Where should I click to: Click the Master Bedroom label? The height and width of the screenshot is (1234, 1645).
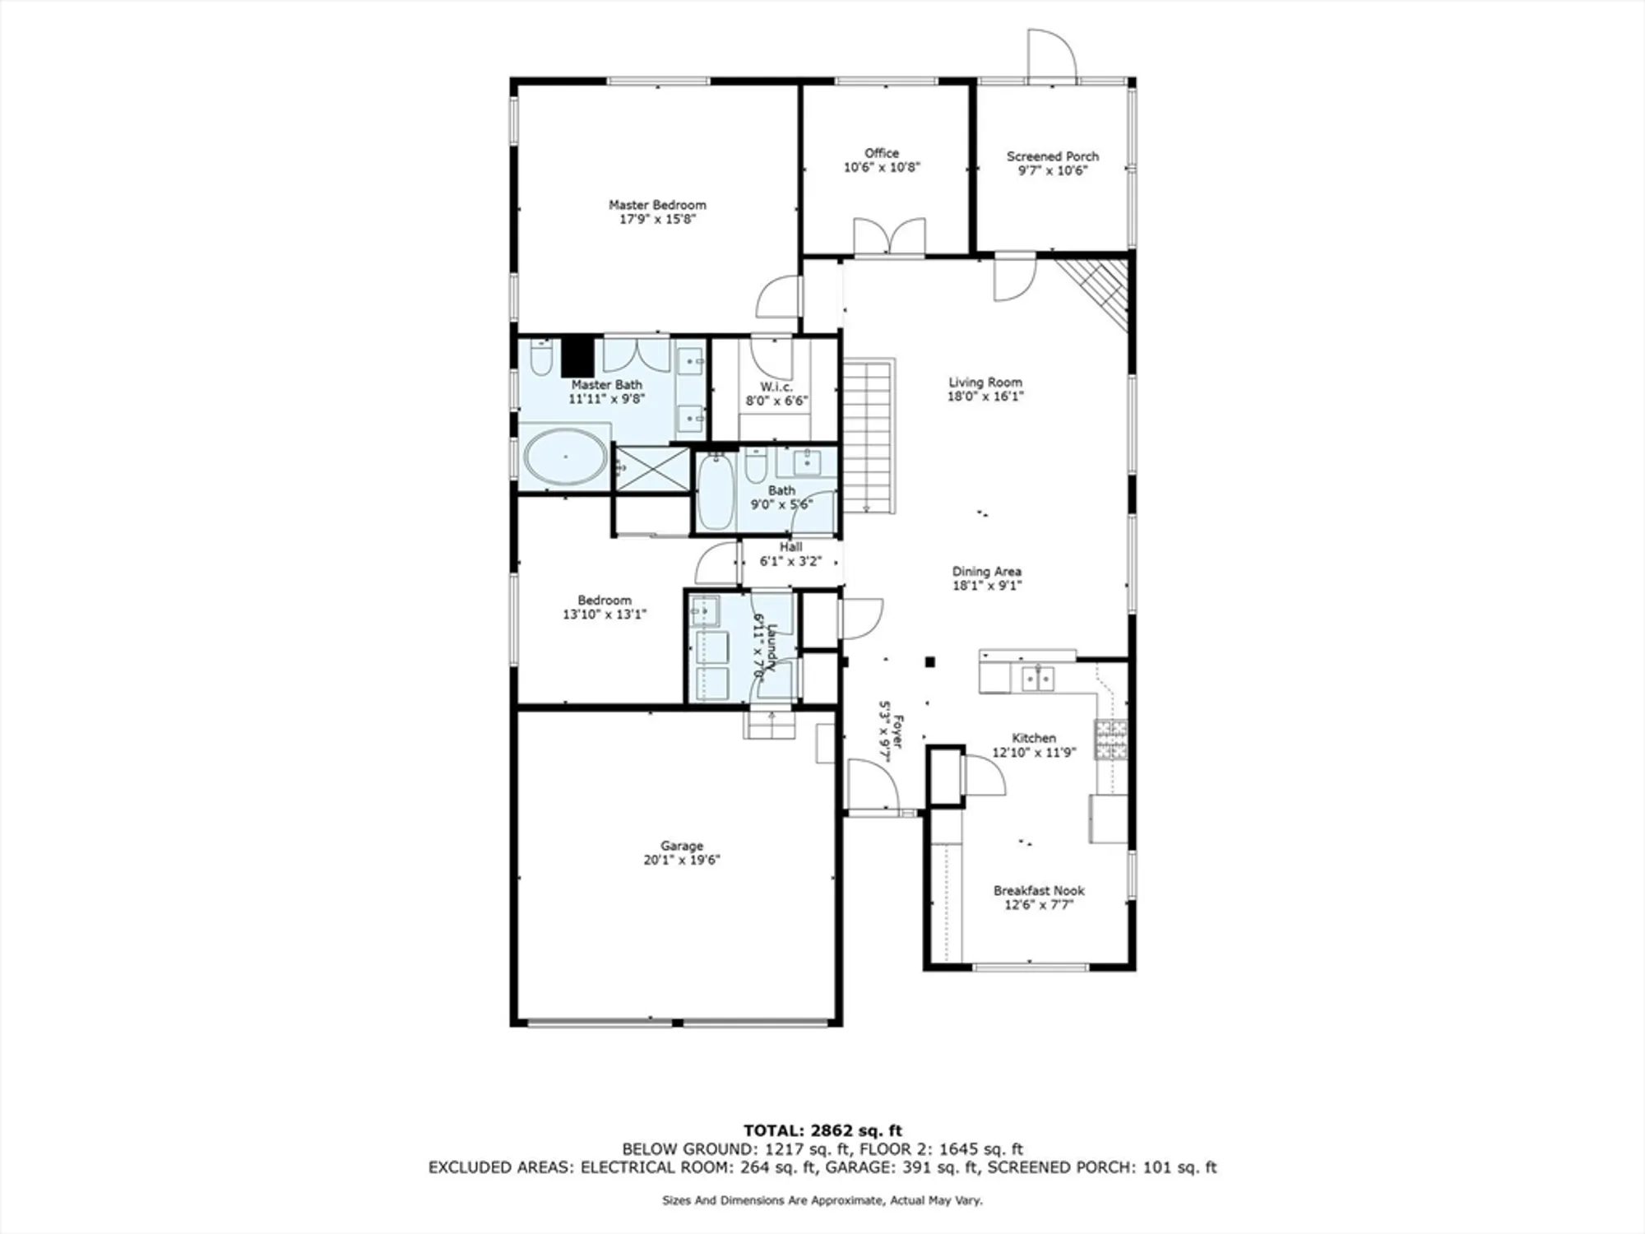657,205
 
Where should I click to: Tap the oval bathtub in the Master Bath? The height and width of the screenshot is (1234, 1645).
566,457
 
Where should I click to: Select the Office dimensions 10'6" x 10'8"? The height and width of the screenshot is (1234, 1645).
882,168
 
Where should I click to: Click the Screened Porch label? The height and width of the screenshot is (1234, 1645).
1052,156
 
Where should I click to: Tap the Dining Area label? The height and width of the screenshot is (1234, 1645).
986,571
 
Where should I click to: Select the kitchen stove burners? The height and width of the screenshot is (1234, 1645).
1110,739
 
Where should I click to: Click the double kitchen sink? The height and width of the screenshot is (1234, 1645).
1038,679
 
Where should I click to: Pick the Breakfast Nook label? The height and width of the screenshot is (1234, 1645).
1039,890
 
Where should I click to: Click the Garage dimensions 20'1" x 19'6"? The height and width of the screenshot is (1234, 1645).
681,860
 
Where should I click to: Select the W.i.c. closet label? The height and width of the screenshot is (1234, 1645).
776,387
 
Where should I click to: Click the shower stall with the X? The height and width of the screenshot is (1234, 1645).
653,469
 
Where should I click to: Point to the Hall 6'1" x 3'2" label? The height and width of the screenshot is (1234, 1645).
790,554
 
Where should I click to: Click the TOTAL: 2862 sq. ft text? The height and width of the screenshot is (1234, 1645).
822,1130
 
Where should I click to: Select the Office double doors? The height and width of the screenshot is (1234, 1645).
889,237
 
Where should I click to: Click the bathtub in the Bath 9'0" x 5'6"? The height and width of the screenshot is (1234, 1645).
716,492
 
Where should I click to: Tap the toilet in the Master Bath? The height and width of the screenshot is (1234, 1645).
540,358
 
